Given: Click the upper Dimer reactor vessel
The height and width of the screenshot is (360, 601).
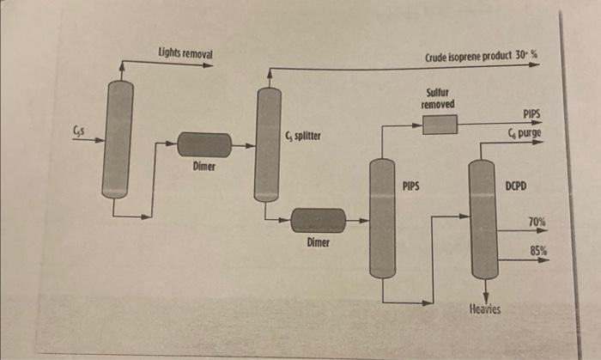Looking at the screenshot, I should point(204,145).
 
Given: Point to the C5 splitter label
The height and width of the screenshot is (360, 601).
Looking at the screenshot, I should point(303,137).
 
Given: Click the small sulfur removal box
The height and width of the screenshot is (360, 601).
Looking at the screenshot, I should point(440,125).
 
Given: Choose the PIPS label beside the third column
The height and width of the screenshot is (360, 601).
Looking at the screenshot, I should point(410,185).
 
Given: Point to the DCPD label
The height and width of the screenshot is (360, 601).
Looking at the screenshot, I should point(516,186).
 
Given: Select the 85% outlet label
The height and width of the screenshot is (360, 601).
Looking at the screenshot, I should point(538,250).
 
